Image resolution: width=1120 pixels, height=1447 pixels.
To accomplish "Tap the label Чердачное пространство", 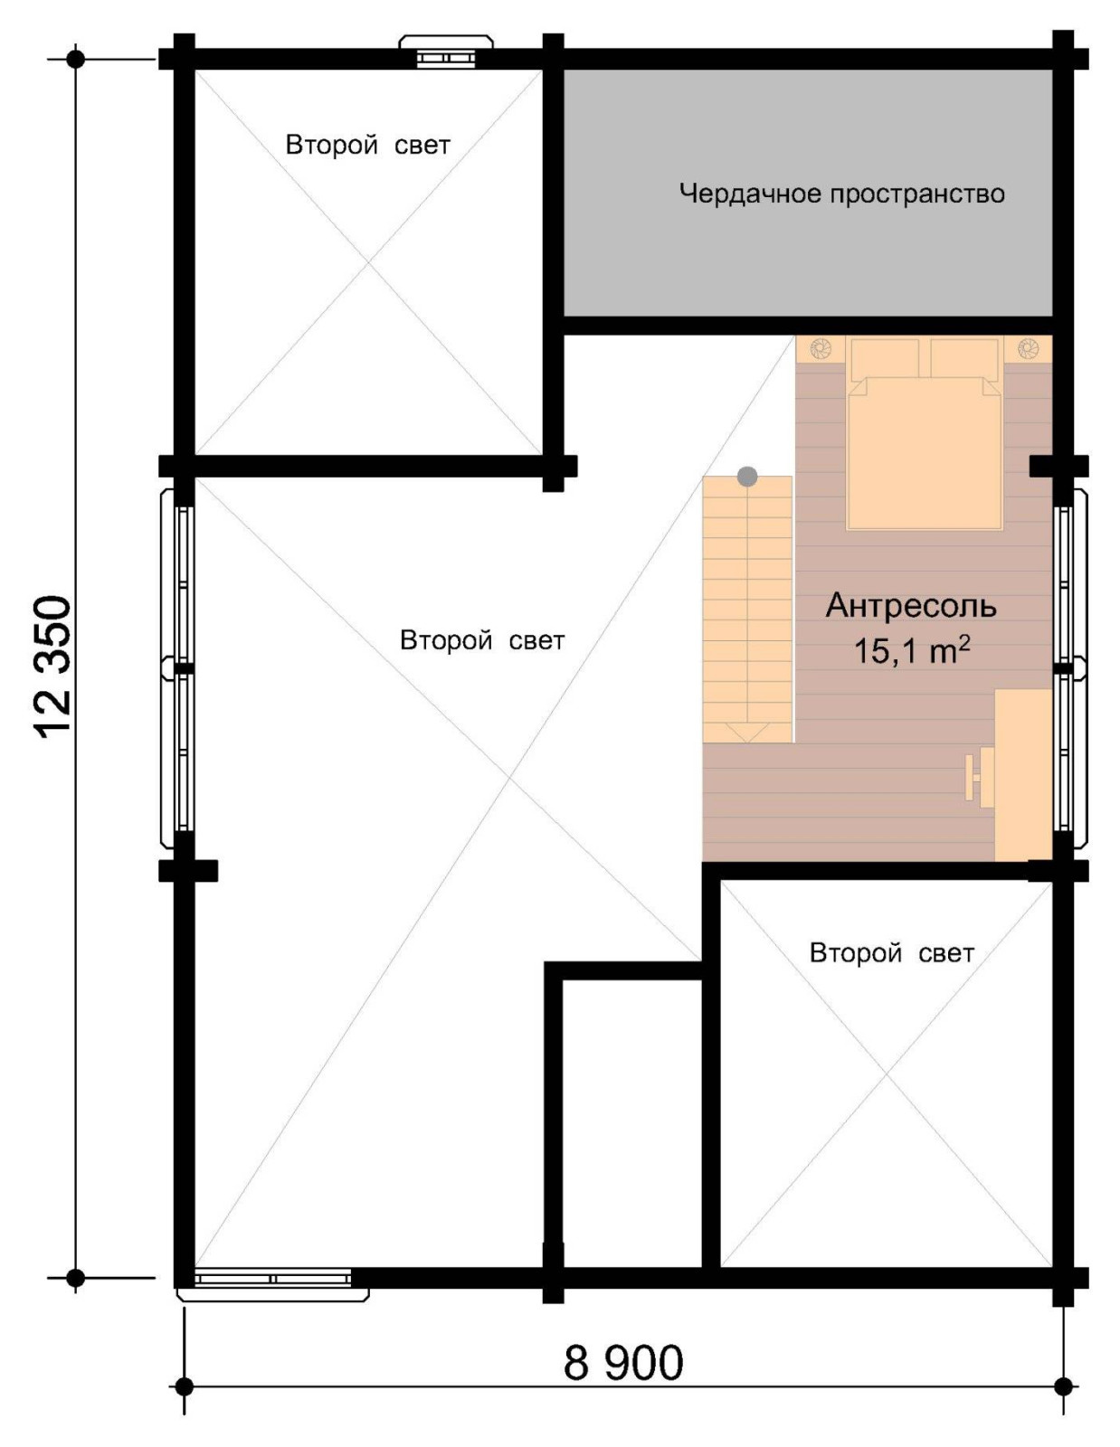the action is tap(841, 194).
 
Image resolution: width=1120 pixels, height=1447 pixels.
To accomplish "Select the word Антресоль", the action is tap(911, 606).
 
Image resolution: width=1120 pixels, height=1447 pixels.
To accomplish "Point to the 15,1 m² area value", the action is tap(911, 650).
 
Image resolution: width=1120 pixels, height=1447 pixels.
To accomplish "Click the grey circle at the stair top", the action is tap(747, 476).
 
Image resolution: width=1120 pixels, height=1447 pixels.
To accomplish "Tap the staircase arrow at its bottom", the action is tap(747, 733).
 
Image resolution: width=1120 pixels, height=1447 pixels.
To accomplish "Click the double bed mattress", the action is tap(925, 453).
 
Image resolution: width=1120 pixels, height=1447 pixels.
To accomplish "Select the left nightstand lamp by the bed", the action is tap(821, 348).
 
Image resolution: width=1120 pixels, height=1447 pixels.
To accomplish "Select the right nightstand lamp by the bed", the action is tap(1028, 348).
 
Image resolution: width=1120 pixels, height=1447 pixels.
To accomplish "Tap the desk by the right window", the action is tap(1023, 775).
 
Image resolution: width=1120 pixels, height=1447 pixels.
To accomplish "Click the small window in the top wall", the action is tap(446, 52).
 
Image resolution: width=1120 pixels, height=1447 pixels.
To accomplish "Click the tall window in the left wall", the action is tap(176, 668).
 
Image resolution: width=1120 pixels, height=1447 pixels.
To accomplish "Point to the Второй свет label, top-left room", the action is tap(367, 145).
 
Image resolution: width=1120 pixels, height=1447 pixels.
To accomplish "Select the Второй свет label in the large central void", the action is tap(482, 640).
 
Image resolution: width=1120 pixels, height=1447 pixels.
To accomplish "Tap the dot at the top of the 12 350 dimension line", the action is tap(76, 59).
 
